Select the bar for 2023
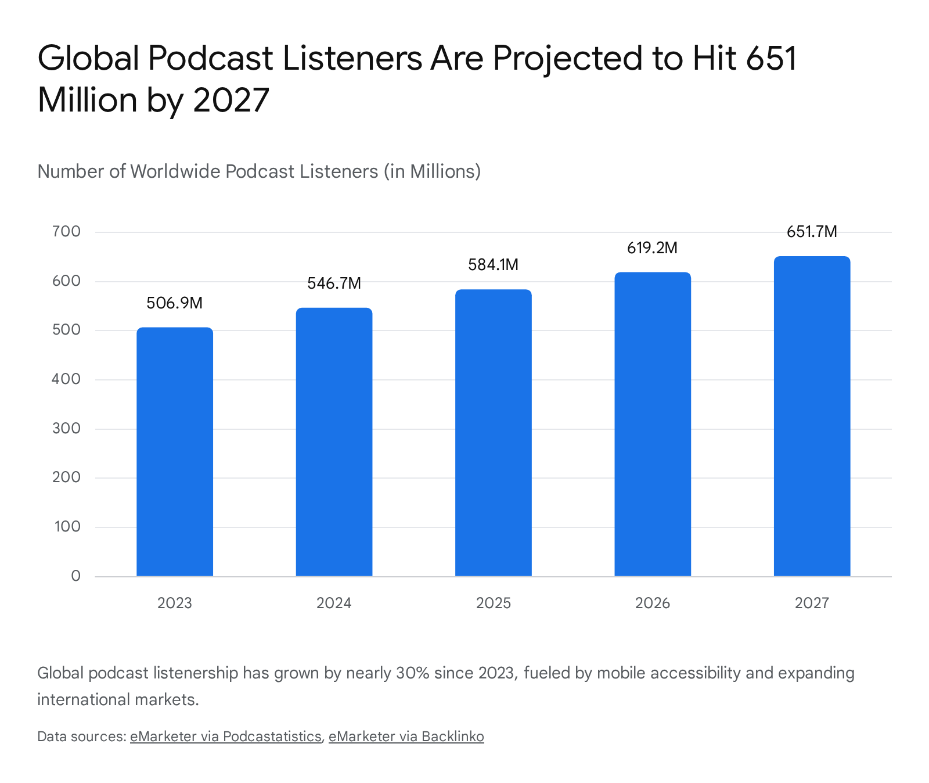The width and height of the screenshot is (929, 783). point(175,452)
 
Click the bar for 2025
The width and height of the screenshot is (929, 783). point(494,433)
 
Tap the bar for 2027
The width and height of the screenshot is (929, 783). point(812,416)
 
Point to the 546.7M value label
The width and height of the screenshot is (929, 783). point(334,283)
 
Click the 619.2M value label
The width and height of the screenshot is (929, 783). point(652,248)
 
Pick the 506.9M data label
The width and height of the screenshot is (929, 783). point(174,303)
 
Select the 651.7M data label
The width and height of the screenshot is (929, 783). point(812,232)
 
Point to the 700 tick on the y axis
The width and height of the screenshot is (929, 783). point(66,232)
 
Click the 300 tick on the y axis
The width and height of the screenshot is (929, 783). point(66,429)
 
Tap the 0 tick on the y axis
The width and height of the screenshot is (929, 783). point(75,576)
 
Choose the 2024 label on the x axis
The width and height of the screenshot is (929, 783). point(334,603)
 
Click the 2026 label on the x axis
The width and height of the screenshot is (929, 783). point(653,603)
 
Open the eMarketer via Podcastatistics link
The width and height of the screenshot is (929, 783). point(226,737)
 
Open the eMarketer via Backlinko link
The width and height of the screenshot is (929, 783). point(406,737)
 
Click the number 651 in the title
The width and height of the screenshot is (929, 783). point(772,58)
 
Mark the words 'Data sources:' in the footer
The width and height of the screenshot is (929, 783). point(82,737)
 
